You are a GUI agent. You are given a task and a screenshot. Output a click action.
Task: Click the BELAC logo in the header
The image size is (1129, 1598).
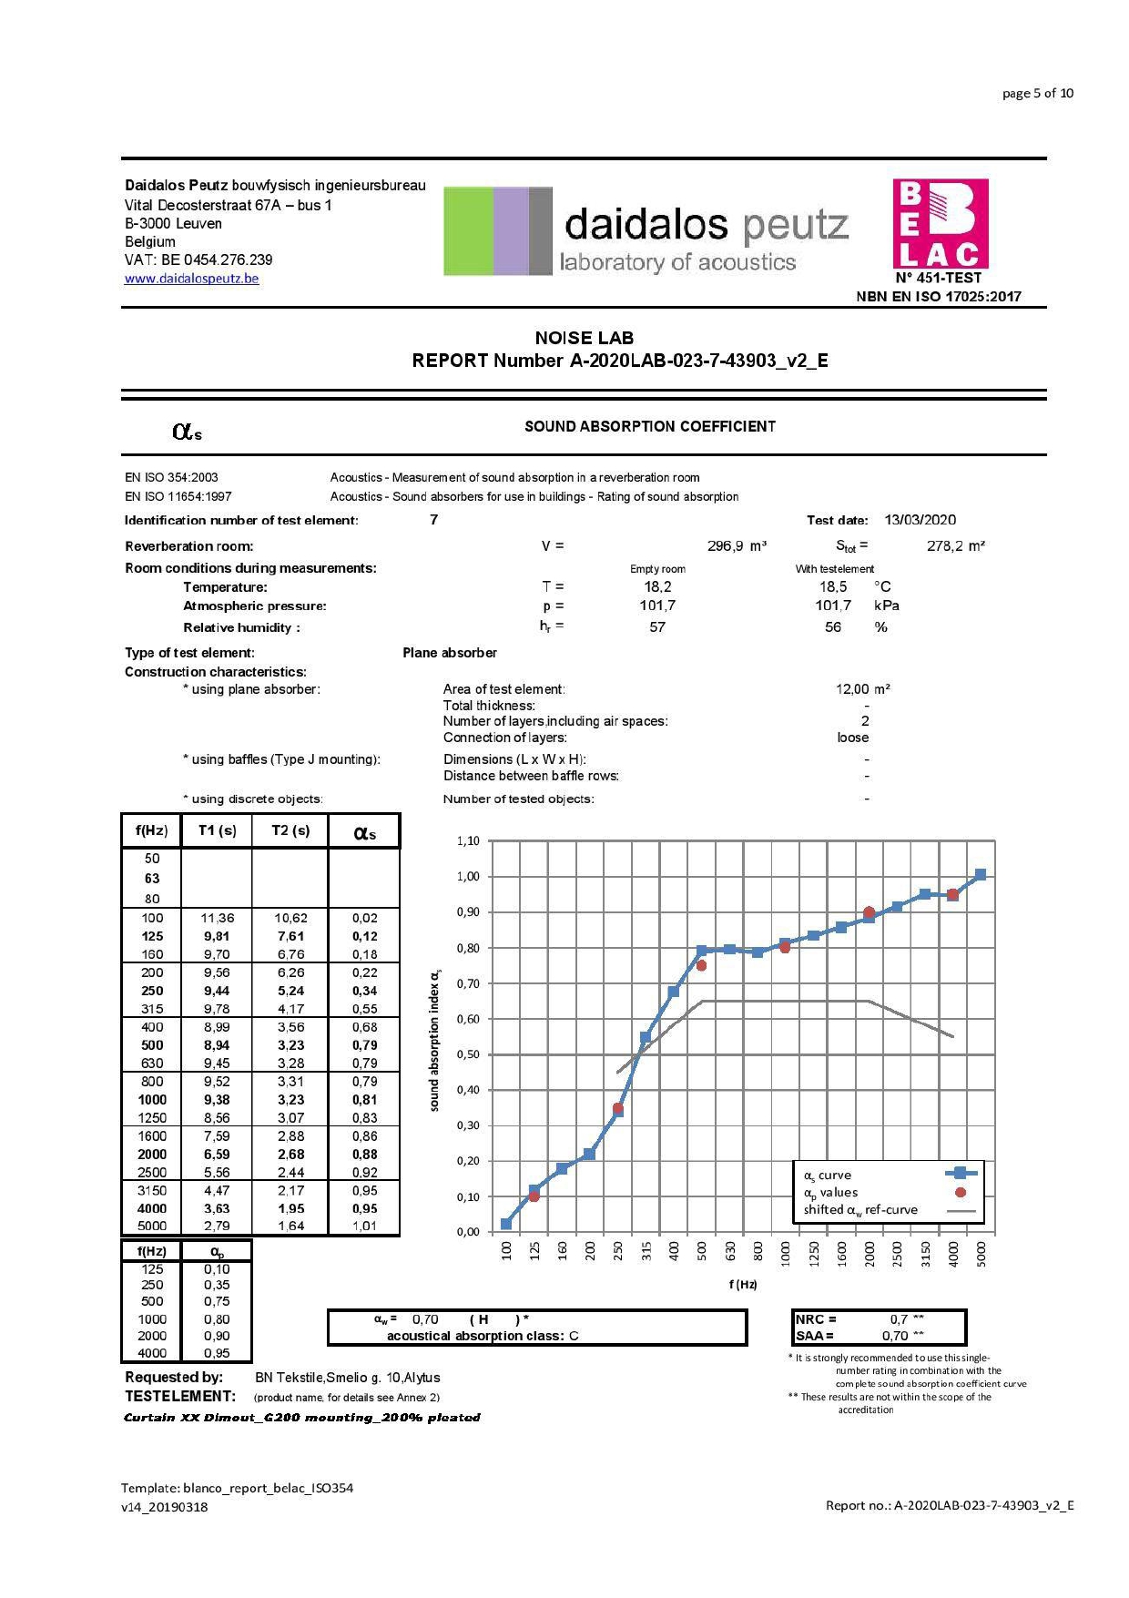[940, 224]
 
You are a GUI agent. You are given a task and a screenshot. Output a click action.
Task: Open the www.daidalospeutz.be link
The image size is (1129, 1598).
[191, 279]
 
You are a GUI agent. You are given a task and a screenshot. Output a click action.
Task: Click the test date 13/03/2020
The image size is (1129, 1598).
[920, 520]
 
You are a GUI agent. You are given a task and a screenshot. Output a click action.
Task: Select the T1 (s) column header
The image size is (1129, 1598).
[217, 830]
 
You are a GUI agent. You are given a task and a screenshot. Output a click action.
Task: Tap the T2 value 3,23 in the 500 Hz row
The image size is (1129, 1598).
[290, 1045]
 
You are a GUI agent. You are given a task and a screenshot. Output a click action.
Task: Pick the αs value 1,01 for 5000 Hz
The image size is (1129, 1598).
[364, 1226]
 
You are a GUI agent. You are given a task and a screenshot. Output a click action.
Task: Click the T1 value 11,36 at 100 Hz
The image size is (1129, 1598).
[217, 918]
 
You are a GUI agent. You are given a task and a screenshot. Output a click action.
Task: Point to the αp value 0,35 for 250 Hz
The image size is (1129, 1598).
[217, 1285]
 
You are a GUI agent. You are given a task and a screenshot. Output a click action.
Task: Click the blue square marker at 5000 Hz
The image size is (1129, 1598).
[981, 874]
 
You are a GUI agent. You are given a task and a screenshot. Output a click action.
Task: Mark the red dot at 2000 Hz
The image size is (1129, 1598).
[869, 911]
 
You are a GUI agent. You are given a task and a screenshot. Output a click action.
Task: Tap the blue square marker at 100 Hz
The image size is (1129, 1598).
[506, 1224]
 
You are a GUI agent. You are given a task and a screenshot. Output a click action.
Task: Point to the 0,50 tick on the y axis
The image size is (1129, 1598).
[468, 1054]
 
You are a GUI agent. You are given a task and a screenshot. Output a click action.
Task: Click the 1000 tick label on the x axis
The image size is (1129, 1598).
[785, 1253]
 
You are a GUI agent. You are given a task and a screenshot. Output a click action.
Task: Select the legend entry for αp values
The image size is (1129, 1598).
[830, 1192]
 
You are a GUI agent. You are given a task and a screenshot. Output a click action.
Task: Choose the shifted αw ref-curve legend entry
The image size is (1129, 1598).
[860, 1210]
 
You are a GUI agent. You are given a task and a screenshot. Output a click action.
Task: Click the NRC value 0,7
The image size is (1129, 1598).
[899, 1319]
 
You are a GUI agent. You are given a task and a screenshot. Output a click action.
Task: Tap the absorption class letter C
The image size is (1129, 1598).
[574, 1336]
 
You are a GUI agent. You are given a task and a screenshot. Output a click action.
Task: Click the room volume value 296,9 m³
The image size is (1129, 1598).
[737, 546]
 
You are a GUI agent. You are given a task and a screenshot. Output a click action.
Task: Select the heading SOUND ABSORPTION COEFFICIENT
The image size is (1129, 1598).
[650, 426]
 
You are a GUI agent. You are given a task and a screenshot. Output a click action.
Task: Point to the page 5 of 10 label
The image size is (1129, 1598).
[1037, 93]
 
